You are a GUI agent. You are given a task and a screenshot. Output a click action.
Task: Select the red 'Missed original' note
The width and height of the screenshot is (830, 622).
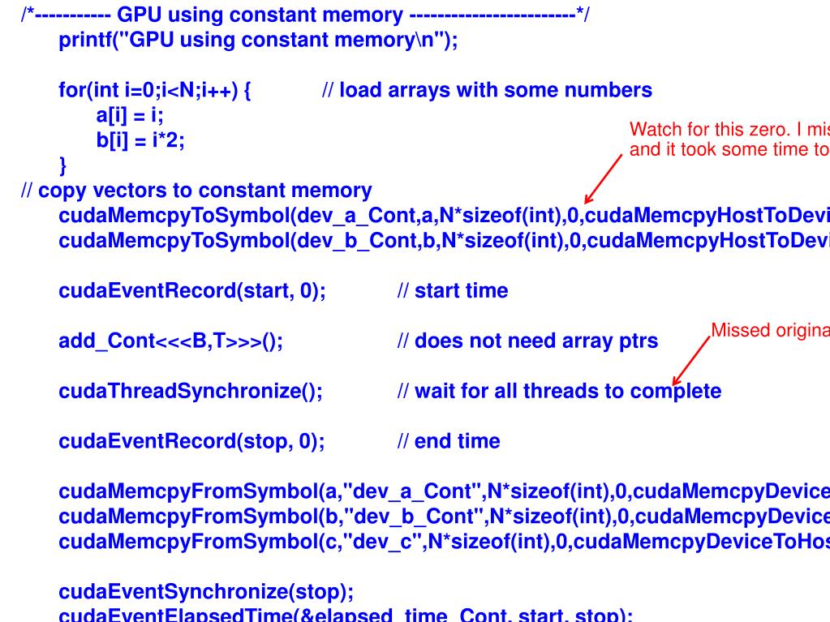pyautogui.click(x=769, y=331)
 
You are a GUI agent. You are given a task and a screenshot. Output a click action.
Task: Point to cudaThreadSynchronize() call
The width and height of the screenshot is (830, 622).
pyautogui.click(x=191, y=392)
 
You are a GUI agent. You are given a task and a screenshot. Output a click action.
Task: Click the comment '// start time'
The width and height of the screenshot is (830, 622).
pyautogui.click(x=453, y=291)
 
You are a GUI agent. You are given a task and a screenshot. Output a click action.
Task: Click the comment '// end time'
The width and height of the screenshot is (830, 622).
pyautogui.click(x=448, y=442)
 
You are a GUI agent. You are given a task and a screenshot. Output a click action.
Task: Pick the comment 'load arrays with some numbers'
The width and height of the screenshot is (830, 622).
pyautogui.click(x=487, y=90)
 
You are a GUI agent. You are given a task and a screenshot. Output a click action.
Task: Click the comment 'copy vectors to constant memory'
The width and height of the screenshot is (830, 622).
pyautogui.click(x=196, y=191)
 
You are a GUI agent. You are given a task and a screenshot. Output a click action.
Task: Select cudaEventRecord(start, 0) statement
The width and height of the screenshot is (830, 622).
pyautogui.click(x=192, y=291)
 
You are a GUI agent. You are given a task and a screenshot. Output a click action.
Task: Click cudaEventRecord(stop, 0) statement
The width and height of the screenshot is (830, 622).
pyautogui.click(x=191, y=442)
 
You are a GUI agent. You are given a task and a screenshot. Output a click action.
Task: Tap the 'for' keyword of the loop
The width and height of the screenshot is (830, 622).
pyautogui.click(x=71, y=90)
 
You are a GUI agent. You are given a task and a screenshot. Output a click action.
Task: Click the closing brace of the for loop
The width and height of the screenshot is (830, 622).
pyautogui.click(x=63, y=166)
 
